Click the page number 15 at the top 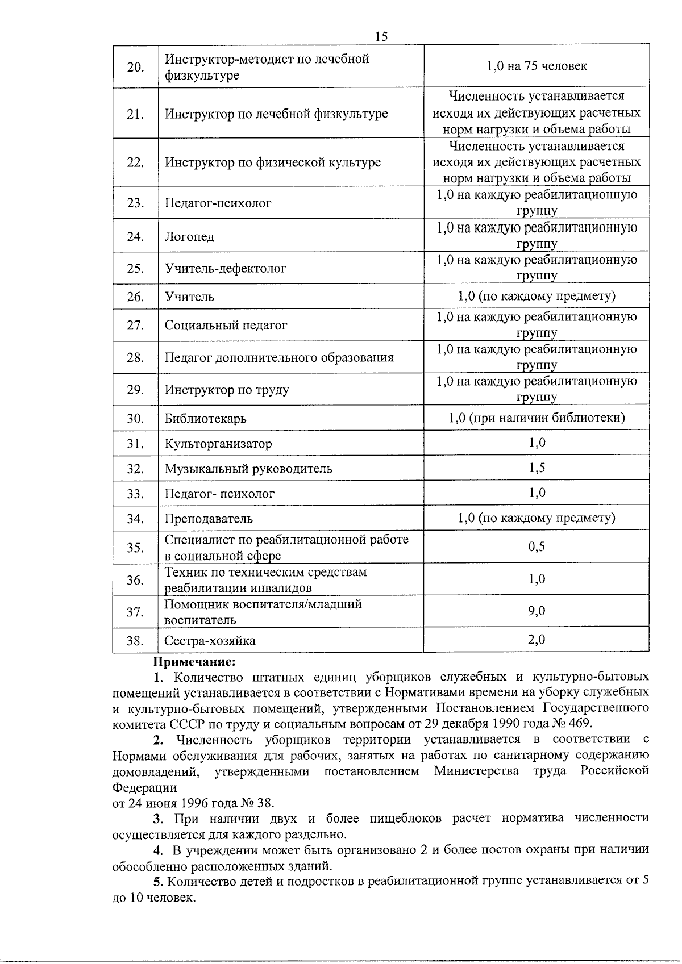pyautogui.click(x=381, y=36)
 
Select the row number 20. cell pyautogui.click(x=135, y=67)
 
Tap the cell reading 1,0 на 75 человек pyautogui.click(x=536, y=66)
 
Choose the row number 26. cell pyautogui.click(x=135, y=297)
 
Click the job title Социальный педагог pyautogui.click(x=226, y=325)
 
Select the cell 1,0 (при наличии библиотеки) pyautogui.click(x=536, y=418)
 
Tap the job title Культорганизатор pyautogui.click(x=218, y=443)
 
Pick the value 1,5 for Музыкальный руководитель pyautogui.click(x=537, y=468)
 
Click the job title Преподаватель pyautogui.click(x=209, y=518)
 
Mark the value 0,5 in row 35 pyautogui.click(x=537, y=546)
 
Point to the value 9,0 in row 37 pyautogui.click(x=537, y=611)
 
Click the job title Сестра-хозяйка pyautogui.click(x=210, y=641)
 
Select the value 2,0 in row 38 pyautogui.click(x=537, y=640)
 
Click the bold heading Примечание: pyautogui.click(x=194, y=662)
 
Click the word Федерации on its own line pyautogui.click(x=144, y=788)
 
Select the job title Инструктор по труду pyautogui.click(x=227, y=390)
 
